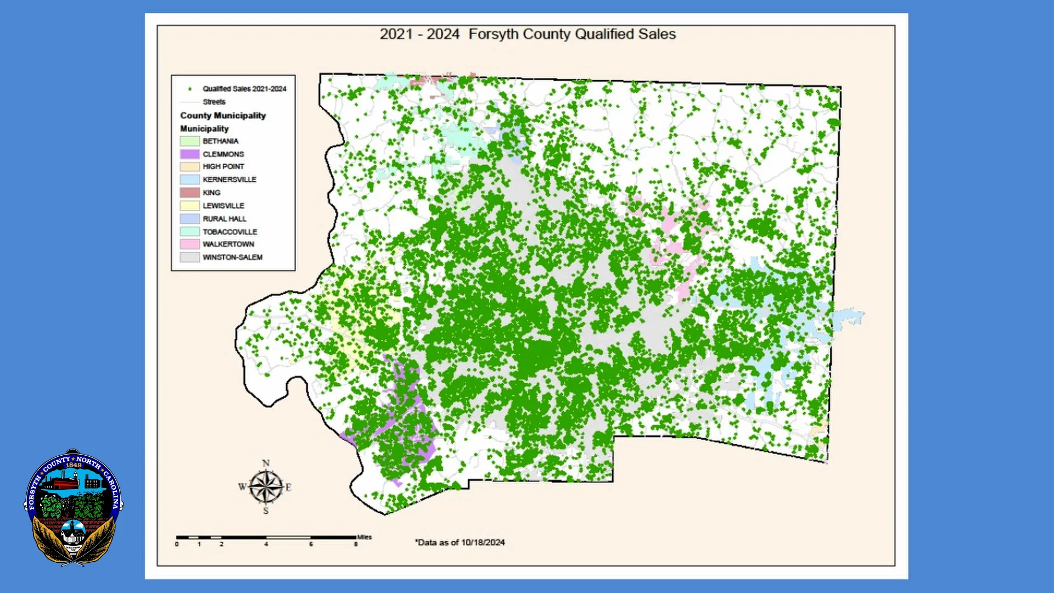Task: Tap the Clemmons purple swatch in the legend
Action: point(189,154)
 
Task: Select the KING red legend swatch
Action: point(189,193)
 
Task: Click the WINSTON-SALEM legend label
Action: point(232,258)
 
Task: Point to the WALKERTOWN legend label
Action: point(228,244)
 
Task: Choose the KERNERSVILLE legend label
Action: point(229,180)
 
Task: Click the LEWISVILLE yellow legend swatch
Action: point(189,206)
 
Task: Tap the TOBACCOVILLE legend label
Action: point(229,232)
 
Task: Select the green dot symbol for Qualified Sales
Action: point(190,89)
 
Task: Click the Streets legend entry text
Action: point(214,102)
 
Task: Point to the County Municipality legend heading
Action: point(223,116)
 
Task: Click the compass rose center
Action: point(266,487)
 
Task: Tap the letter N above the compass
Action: point(266,463)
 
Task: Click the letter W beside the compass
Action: point(242,487)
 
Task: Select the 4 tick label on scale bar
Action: point(266,545)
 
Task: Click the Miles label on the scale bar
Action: point(365,537)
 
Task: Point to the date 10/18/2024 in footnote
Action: point(483,542)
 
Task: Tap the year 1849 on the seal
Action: point(74,465)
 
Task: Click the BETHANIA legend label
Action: point(221,141)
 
